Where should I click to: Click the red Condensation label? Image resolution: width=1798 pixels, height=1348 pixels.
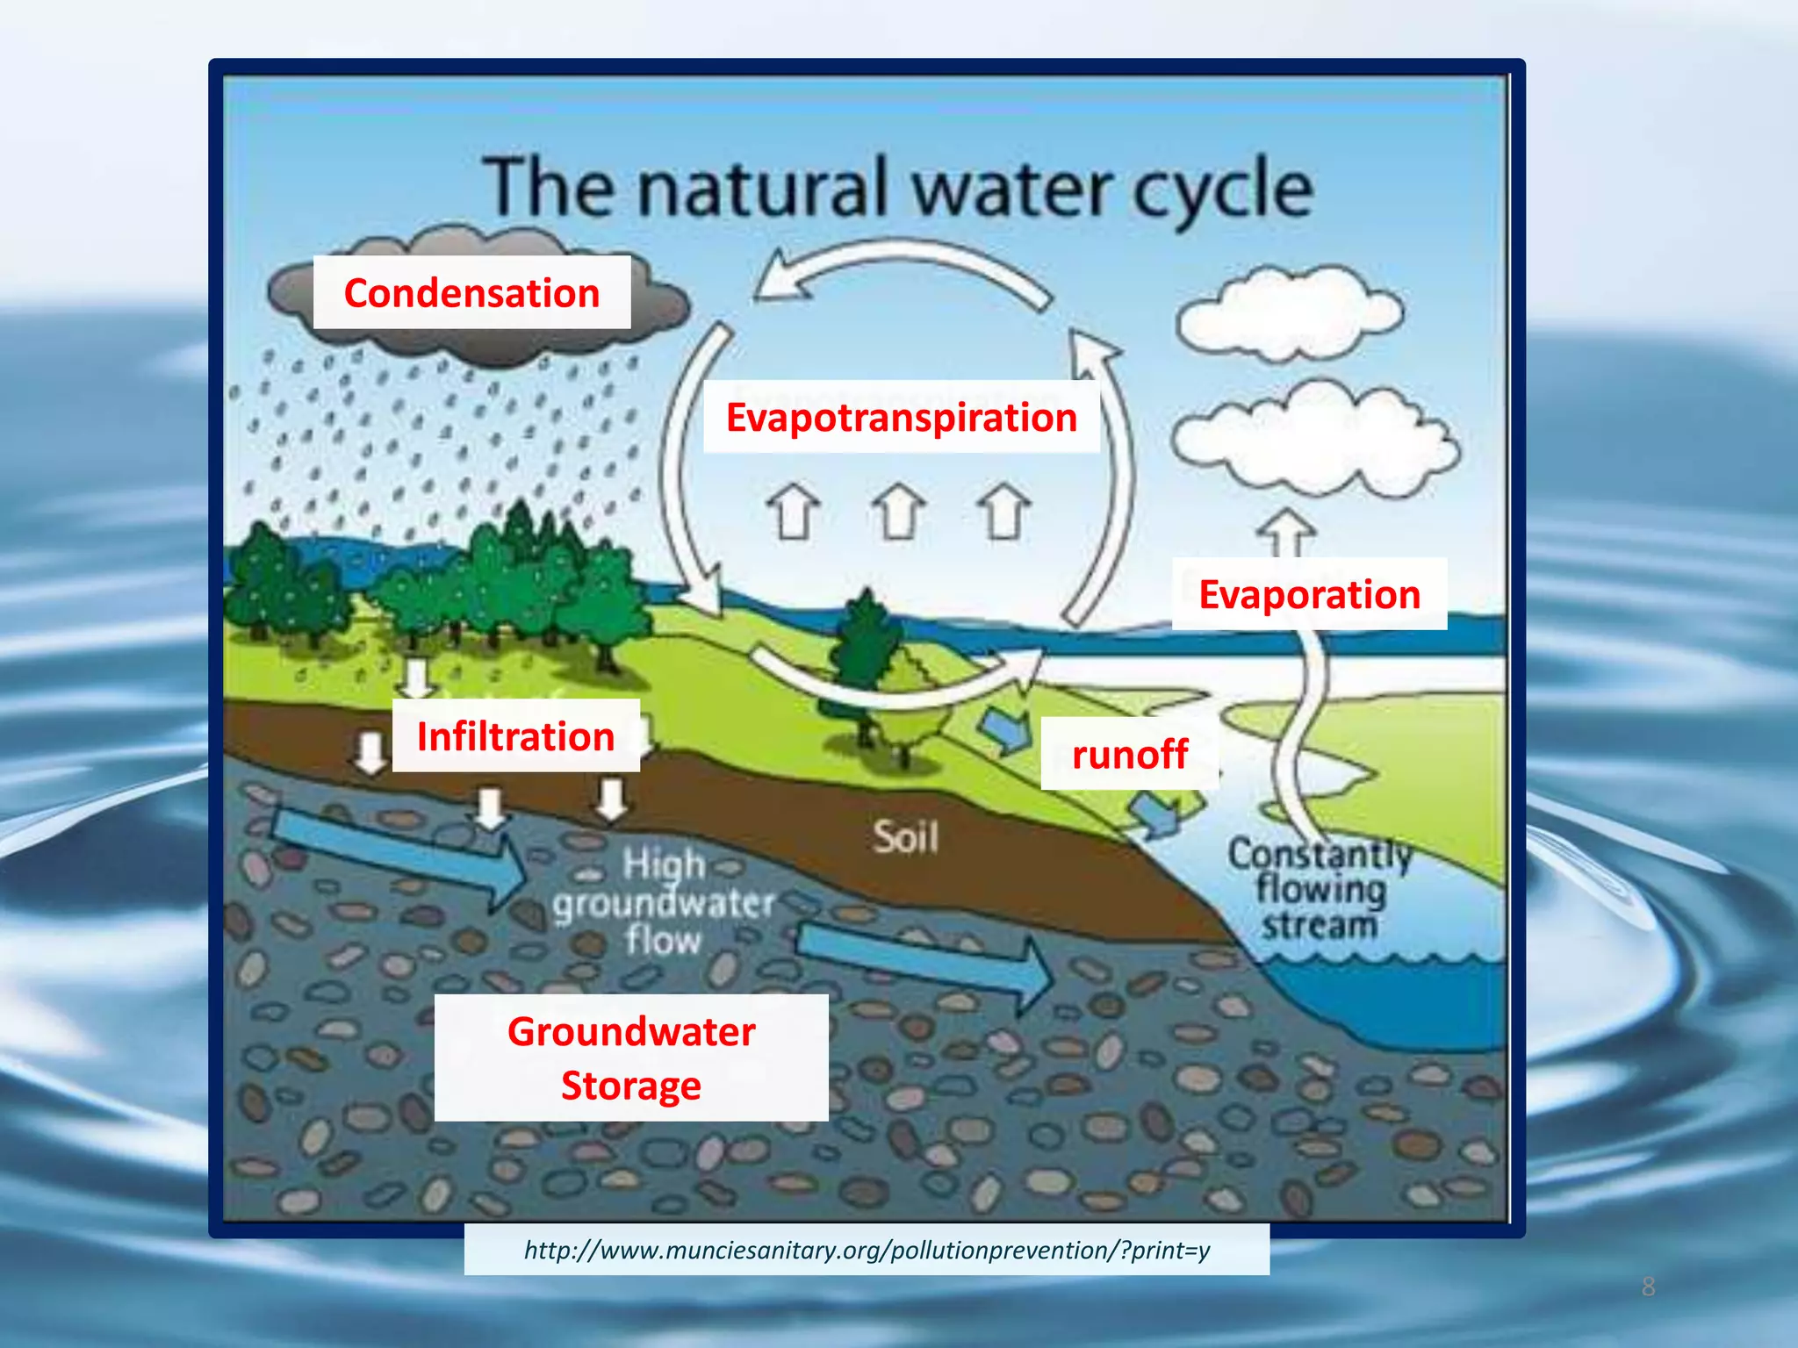pos(471,293)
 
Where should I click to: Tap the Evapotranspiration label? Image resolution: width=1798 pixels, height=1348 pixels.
pos(901,418)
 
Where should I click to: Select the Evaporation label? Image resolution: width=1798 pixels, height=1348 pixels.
pos(1309,595)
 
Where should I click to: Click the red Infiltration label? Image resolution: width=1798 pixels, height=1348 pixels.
pos(515,736)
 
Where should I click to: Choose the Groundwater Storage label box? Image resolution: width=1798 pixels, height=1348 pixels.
pos(631,1058)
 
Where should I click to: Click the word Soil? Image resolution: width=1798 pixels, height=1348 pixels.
pos(905,837)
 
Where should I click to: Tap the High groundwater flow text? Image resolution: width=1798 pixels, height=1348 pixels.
pos(663,902)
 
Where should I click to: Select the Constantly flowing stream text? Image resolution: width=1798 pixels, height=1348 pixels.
pos(1320,889)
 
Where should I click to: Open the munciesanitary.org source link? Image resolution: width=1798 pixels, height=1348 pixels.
pos(867,1250)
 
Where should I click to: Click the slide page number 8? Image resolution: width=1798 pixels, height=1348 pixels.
pos(1648,1287)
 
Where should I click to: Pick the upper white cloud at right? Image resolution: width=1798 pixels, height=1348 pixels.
pos(1289,314)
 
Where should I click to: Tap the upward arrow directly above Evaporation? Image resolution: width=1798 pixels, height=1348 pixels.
pos(1286,532)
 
